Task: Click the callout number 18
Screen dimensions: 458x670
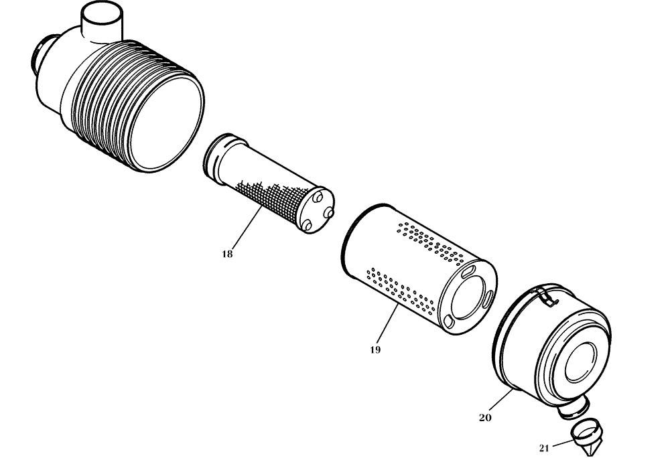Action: coord(227,254)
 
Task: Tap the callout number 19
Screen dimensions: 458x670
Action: coord(375,350)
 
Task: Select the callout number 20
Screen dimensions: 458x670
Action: coord(485,417)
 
